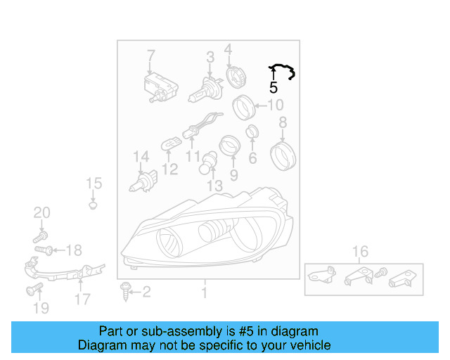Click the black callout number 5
(x=274, y=87)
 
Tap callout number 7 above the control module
(x=151, y=56)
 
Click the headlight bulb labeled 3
(x=205, y=89)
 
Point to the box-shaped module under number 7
(x=161, y=88)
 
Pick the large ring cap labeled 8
(x=283, y=157)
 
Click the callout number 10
(x=276, y=105)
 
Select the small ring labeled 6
(x=252, y=132)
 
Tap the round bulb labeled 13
(x=207, y=163)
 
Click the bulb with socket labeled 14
(x=143, y=181)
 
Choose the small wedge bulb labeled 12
(x=171, y=143)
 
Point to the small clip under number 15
(x=93, y=205)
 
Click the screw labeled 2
(x=125, y=291)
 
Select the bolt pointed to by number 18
(x=44, y=250)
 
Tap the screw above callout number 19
(x=34, y=289)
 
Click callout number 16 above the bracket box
(x=360, y=252)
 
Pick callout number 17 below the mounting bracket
(x=82, y=299)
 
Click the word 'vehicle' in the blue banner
(x=313, y=345)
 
